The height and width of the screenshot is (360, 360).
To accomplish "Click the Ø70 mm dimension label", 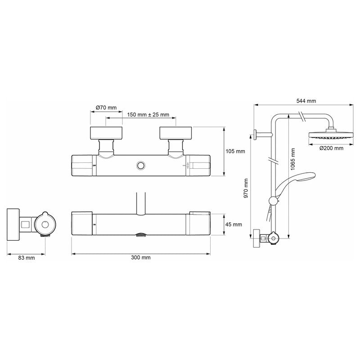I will click(106, 108).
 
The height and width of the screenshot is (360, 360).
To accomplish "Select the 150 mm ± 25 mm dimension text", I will click(148, 115).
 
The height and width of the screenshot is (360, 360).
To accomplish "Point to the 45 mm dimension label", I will click(234, 224).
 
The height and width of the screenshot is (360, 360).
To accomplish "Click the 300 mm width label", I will click(141, 257).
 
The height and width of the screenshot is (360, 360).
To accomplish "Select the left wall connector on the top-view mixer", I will click(106, 133).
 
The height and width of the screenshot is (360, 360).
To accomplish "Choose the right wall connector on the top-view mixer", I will click(176, 133).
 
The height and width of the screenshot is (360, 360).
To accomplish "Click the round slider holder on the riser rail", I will click(273, 201).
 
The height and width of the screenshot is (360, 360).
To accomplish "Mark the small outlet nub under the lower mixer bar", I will click(141, 235).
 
